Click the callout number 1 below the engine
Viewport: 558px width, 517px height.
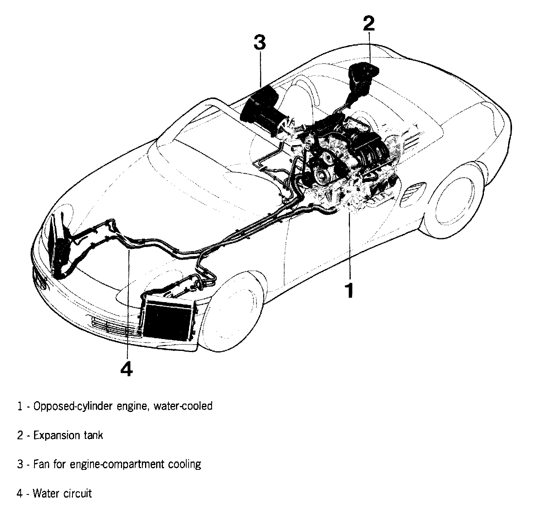point(349,290)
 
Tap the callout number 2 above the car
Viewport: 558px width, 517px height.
point(368,23)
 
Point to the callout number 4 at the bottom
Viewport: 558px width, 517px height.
point(126,369)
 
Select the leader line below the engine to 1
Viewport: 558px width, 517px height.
point(349,246)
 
